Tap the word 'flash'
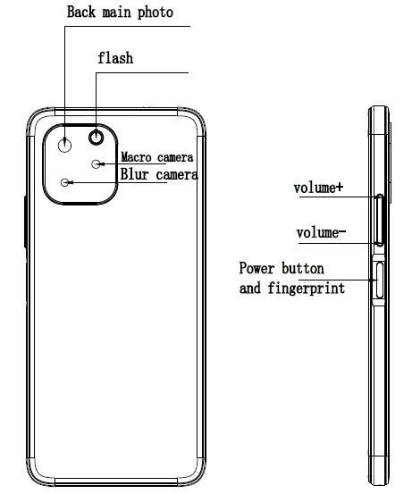click(115, 58)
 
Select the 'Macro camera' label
click(156, 158)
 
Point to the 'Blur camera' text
click(159, 175)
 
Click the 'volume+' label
click(319, 188)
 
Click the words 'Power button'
click(282, 268)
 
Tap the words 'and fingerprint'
click(292, 288)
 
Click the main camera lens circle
click(65, 145)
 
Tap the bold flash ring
click(96, 138)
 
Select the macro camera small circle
click(97, 163)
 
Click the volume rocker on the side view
click(381, 219)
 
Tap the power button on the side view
click(379, 280)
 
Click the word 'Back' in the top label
click(82, 13)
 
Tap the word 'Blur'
click(136, 175)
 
